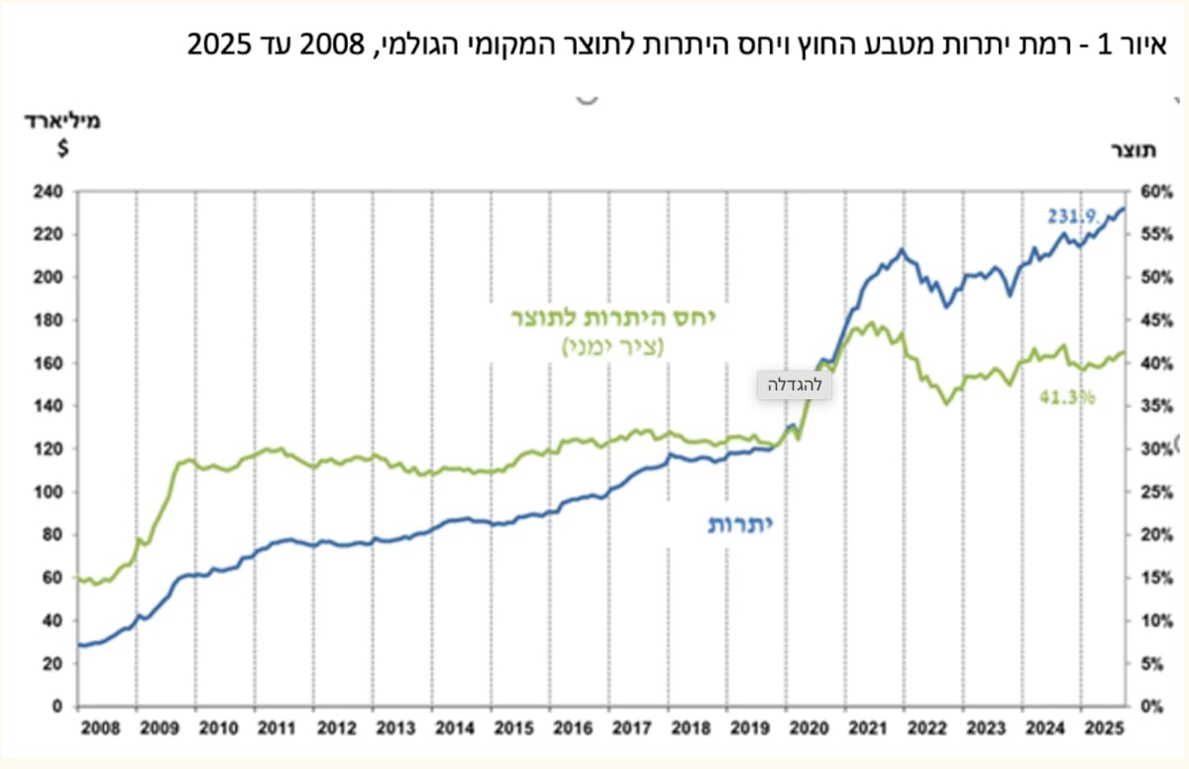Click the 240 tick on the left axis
tap(48, 191)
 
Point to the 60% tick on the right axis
tap(1156, 192)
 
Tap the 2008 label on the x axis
tap(100, 728)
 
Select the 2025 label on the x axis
tap(1105, 728)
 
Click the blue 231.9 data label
tap(1073, 217)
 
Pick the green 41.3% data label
tap(1067, 397)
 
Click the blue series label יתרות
tap(740, 524)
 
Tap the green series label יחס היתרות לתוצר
tap(613, 318)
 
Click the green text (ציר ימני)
tap(613, 347)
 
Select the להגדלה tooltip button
tap(794, 384)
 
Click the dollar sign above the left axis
tap(63, 148)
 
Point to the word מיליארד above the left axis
tap(62, 121)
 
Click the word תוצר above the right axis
tap(1134, 151)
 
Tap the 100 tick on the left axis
tap(48, 492)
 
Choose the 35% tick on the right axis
tap(1156, 406)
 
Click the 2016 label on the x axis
tap(573, 728)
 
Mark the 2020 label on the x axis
tap(809, 728)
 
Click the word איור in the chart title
tap(1141, 45)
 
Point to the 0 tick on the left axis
tap(56, 707)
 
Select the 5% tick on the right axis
tap(1151, 663)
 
